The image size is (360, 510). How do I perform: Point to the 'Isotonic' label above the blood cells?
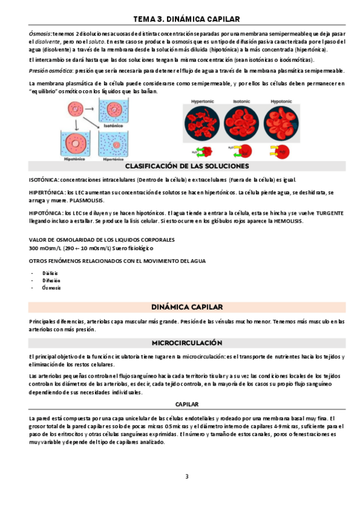point(242,102)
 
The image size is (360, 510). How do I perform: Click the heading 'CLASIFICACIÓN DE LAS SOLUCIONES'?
point(187,166)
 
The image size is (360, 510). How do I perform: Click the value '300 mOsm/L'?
point(43,248)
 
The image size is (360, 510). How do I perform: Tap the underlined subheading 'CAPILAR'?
point(186,404)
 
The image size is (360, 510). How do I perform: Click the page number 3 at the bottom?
point(186,477)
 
